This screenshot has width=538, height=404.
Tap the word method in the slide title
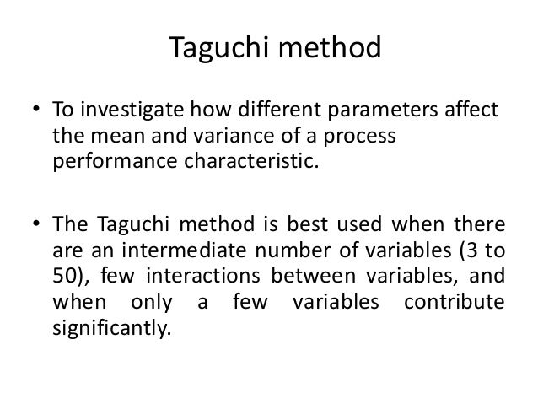click(x=329, y=49)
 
